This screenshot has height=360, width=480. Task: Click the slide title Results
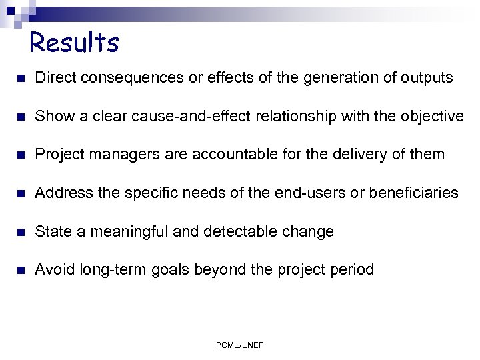(x=74, y=43)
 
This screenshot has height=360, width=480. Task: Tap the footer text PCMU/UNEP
(x=240, y=345)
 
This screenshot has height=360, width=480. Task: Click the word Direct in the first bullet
(x=53, y=78)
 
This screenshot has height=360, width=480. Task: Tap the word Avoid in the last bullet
(x=55, y=270)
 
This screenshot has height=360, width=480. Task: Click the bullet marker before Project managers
(x=20, y=155)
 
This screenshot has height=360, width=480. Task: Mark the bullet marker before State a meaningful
(x=20, y=233)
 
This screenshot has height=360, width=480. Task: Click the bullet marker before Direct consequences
(x=20, y=79)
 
